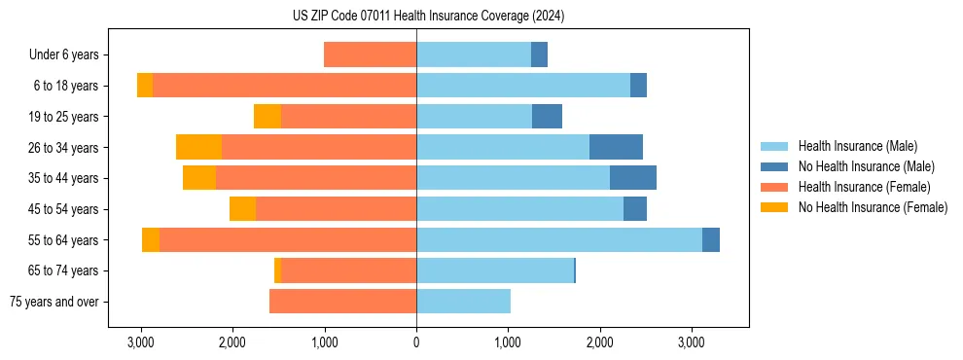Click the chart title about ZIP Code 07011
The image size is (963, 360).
[x=428, y=17]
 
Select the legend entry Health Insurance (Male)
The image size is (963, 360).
[x=856, y=146]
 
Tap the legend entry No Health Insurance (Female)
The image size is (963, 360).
[x=873, y=207]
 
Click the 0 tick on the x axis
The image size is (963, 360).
[x=416, y=342]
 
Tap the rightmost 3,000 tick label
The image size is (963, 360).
[x=692, y=342]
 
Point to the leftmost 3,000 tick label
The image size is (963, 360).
[x=141, y=342]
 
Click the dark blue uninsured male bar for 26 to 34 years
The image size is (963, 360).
[x=616, y=147]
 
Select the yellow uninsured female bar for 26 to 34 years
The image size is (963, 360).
[x=198, y=147]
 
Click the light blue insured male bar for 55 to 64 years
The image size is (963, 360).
[x=559, y=239]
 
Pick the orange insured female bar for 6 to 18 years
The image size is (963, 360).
[x=284, y=86]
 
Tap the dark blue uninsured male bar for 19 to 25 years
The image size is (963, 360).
[x=547, y=116]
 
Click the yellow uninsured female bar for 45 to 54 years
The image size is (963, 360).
[x=242, y=208]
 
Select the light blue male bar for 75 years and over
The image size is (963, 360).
[x=463, y=302]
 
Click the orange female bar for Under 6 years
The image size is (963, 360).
[x=370, y=54]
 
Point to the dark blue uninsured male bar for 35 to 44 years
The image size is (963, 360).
[x=633, y=178]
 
